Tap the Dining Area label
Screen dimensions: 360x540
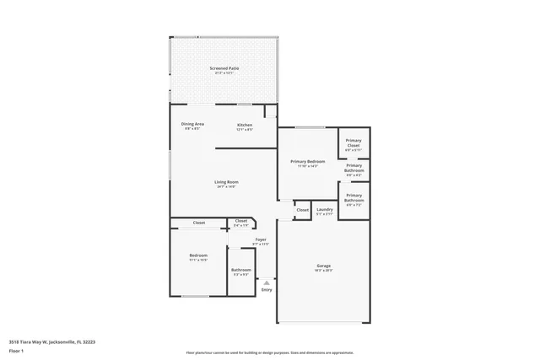[192, 124]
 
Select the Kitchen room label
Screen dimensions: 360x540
[244, 124]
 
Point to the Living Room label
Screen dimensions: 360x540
[225, 181]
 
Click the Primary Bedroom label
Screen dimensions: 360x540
[307, 161]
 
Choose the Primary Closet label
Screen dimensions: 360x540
[354, 142]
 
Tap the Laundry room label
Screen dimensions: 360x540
[325, 209]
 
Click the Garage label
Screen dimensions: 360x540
[324, 266]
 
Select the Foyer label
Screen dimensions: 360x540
[261, 239]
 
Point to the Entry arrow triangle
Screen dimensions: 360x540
[267, 282]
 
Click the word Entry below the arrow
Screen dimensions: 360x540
[267, 290]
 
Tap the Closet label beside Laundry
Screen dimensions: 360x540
[302, 210]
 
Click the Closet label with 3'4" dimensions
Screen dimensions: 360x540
[240, 221]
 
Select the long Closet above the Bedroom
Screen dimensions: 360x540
[198, 223]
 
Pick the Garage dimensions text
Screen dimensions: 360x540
[324, 271]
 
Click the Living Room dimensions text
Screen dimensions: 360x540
[225, 186]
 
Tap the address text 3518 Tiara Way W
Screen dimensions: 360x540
[51, 342]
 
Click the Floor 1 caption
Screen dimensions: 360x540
[17, 351]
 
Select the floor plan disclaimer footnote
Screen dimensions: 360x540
[270, 352]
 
